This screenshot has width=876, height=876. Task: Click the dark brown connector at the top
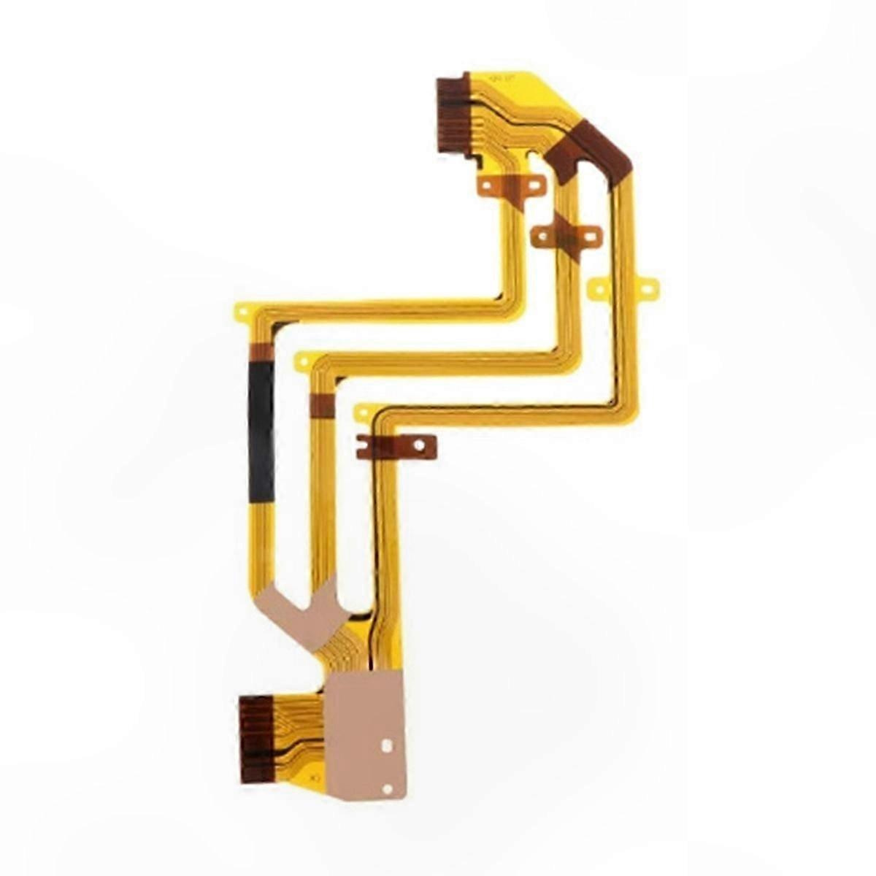[453, 115]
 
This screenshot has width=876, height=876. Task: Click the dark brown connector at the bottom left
[257, 737]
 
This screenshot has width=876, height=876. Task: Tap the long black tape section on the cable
[261, 431]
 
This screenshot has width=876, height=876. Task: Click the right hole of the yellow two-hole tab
[645, 289]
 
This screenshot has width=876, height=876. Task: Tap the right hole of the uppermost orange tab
[535, 186]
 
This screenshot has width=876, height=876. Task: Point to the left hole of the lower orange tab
[542, 235]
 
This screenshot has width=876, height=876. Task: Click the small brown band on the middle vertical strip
[322, 404]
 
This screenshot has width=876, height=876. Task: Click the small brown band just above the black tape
[261, 353]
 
